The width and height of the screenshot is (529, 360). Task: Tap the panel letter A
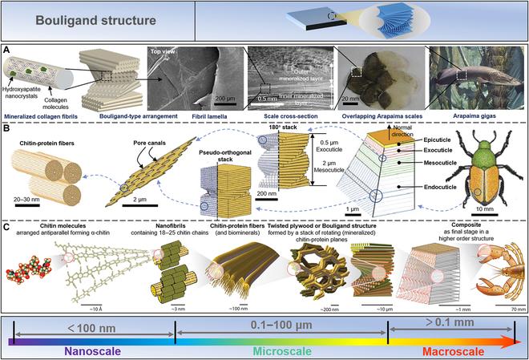point(8,50)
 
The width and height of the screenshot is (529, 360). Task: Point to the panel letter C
point(8,227)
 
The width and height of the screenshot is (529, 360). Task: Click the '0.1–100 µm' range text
point(281,328)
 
